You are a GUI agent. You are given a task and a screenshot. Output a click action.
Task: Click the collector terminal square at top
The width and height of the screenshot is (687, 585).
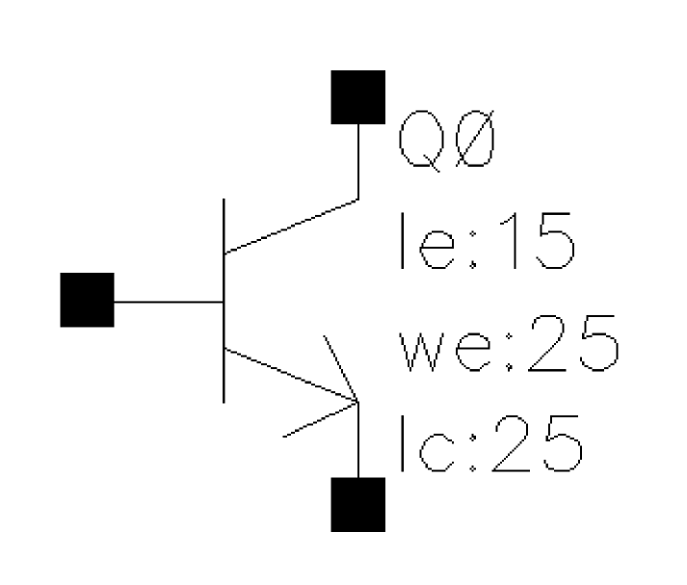pos(358,96)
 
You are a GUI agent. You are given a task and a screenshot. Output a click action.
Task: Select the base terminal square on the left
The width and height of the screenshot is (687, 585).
pos(87,300)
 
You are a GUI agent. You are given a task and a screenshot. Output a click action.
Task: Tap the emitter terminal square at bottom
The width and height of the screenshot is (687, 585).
pos(358,504)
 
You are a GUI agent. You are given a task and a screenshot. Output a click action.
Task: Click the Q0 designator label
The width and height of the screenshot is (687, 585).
pos(447,140)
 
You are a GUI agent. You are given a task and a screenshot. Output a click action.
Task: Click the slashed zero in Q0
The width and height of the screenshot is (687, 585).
pos(475,139)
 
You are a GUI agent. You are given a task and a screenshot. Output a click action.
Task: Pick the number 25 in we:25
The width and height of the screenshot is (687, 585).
pos(573,343)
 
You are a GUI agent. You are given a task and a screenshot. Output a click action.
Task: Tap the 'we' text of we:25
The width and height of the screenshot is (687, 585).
pos(445,352)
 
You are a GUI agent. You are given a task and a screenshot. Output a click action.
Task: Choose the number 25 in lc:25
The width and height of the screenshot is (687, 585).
pos(538,443)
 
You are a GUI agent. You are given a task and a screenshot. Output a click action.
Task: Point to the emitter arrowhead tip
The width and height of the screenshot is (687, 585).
pos(358,401)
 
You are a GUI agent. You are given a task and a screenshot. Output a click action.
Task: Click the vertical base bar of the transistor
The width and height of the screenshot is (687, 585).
pos(224,301)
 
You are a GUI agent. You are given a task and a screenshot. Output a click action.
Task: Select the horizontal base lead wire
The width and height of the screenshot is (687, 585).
pos(170,302)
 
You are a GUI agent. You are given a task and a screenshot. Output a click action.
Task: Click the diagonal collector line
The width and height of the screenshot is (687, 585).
pos(291,226)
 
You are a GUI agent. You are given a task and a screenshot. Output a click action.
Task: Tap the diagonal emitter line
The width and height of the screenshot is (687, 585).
pos(291,375)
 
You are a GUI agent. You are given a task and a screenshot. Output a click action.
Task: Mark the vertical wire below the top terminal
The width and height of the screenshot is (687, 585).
pos(358,162)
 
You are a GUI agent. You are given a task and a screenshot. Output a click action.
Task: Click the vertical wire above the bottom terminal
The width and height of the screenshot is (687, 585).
pos(358,439)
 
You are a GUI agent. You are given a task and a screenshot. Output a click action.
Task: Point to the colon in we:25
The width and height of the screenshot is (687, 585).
pos(509,351)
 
